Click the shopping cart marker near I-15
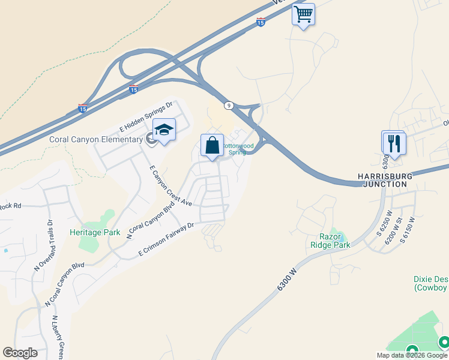pos(304,14)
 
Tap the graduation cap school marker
pos(163,130)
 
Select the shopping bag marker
pos(212,146)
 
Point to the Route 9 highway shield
pos(229,106)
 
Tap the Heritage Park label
pos(95,232)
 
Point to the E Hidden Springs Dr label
pos(146,116)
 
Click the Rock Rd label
pos(10,206)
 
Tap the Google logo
pos(20,353)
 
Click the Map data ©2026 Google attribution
pos(412,355)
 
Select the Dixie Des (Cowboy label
pos(431,283)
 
